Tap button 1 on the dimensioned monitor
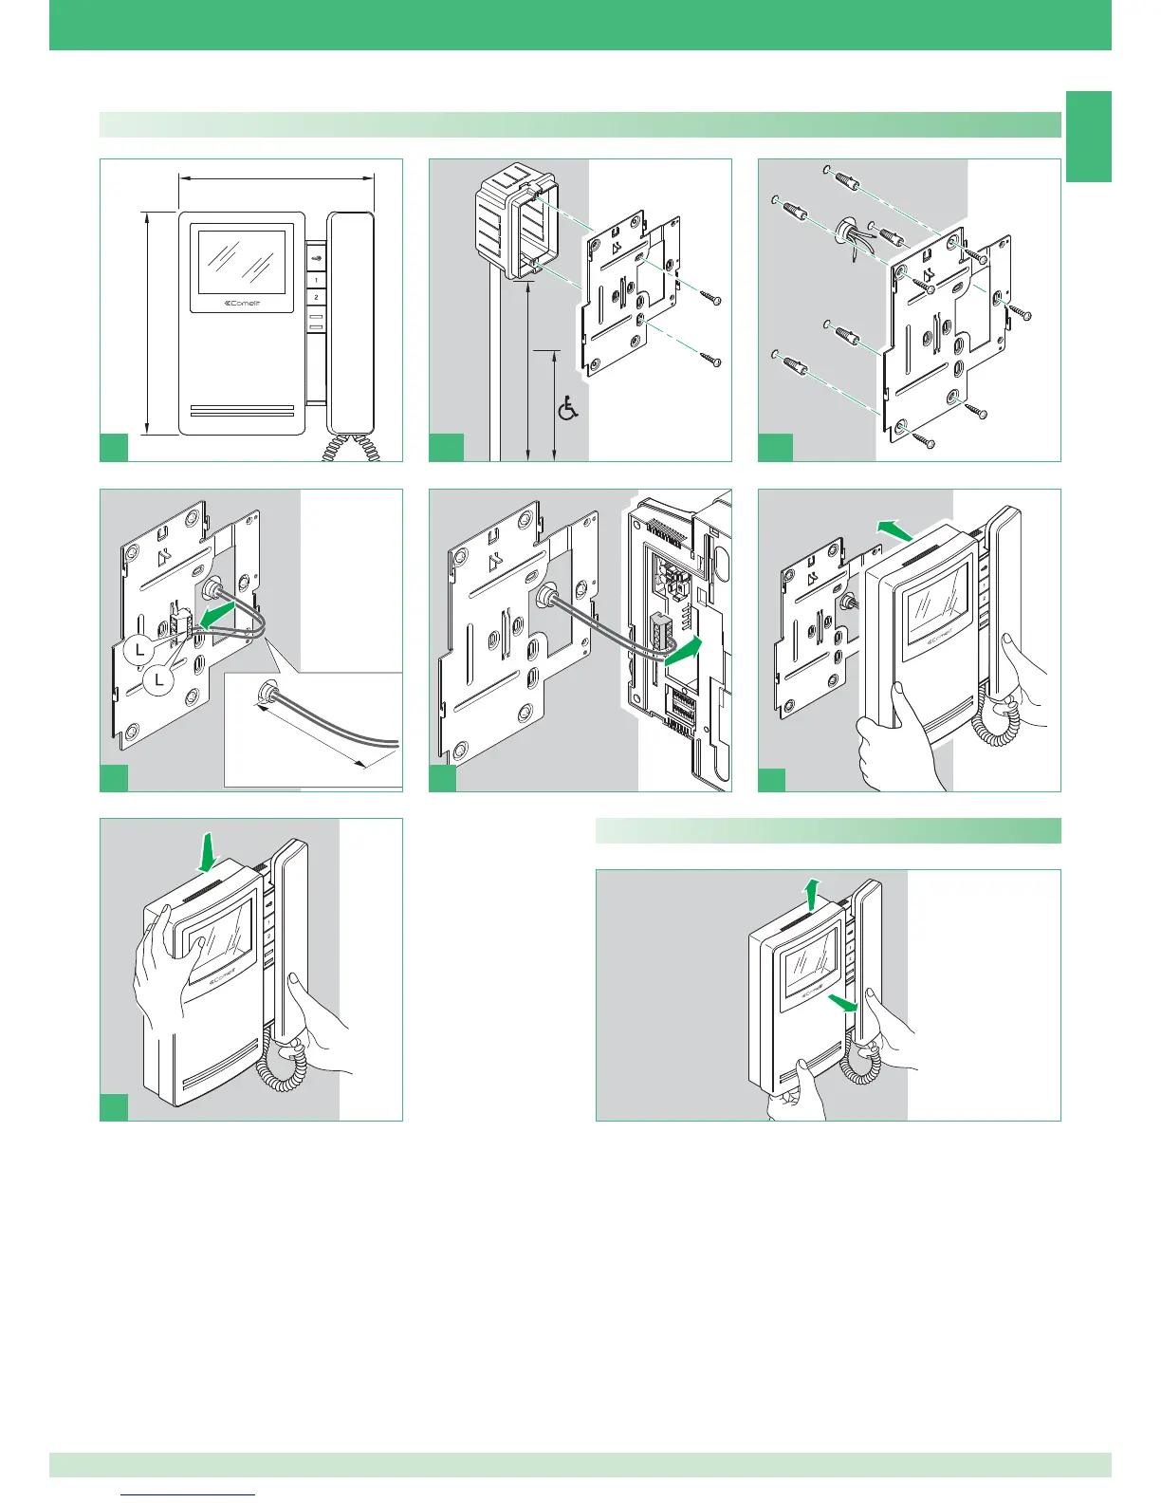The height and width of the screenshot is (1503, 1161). [316, 281]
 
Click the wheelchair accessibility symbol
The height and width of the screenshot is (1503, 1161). [567, 410]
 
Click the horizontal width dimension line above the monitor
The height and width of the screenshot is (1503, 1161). [277, 176]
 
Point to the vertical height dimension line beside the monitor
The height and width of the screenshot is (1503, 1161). [147, 323]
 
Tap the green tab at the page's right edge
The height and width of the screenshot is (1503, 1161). [1088, 136]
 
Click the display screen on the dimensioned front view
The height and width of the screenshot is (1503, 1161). [241, 259]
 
